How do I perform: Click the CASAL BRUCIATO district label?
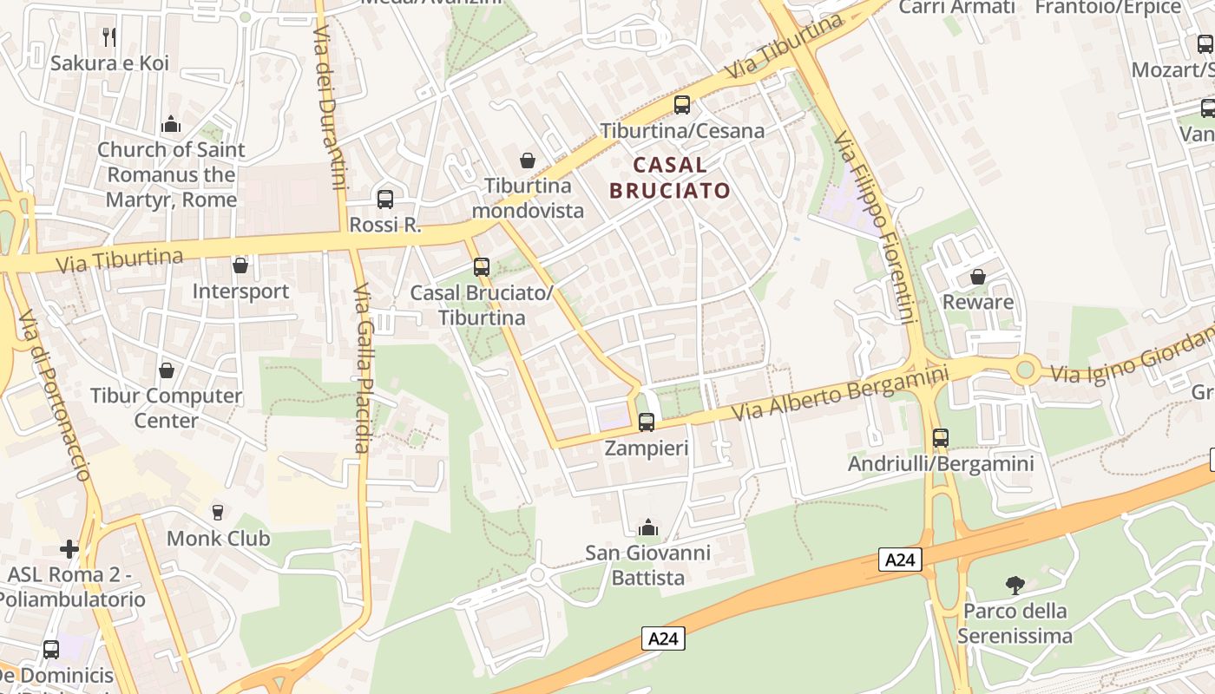click(x=669, y=177)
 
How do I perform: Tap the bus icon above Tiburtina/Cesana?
click(x=682, y=105)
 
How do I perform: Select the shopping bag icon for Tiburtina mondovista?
click(x=527, y=160)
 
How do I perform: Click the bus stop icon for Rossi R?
click(x=385, y=199)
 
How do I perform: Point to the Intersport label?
click(x=240, y=291)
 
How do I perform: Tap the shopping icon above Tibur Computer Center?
click(x=167, y=370)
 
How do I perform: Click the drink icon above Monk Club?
click(x=218, y=513)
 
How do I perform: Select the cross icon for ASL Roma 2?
click(x=69, y=549)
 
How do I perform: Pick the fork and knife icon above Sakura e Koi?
click(x=109, y=36)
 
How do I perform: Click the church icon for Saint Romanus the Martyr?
click(x=171, y=124)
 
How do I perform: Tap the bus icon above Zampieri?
click(x=647, y=422)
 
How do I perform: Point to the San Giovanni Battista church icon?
click(x=647, y=527)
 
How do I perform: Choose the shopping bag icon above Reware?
click(x=978, y=277)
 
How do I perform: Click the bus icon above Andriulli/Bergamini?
click(x=941, y=438)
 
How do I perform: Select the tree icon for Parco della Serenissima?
click(x=1015, y=586)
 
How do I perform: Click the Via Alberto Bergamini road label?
click(x=841, y=391)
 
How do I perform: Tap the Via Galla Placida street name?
click(x=363, y=368)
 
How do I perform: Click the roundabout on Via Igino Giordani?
click(x=1026, y=370)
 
